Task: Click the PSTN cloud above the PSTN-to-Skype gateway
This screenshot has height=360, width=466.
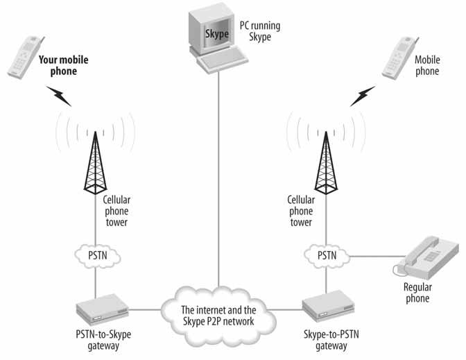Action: pyautogui.click(x=96, y=256)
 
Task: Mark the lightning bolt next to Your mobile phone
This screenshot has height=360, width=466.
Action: pyautogui.click(x=58, y=95)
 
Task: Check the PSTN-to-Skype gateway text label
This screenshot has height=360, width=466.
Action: pyautogui.click(x=104, y=338)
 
